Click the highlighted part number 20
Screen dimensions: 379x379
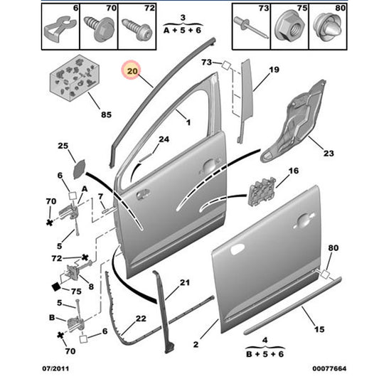click(x=132, y=71)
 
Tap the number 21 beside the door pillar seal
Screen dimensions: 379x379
click(x=184, y=284)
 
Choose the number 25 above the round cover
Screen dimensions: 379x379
click(x=63, y=146)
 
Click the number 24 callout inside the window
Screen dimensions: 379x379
click(x=164, y=139)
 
